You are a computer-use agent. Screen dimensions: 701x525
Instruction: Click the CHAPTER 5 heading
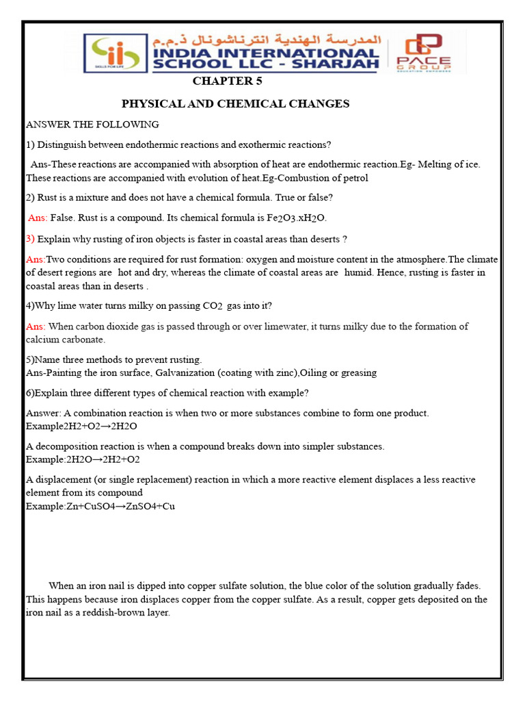coord(227,81)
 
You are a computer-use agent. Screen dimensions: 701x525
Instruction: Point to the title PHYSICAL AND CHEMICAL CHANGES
coord(235,104)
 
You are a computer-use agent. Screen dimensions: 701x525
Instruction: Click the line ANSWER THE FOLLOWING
coord(92,125)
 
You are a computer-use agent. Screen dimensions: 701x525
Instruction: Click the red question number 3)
coord(30,239)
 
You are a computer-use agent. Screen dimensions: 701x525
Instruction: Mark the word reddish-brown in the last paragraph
coord(96,613)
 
